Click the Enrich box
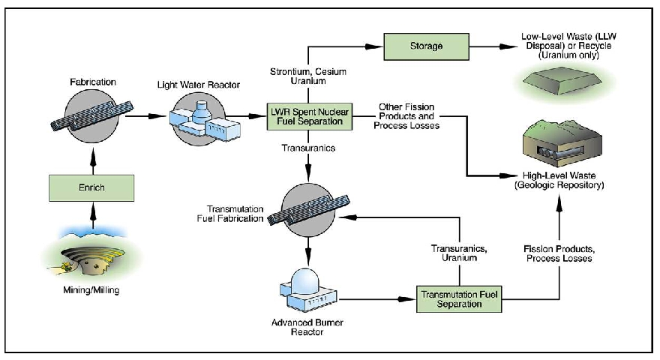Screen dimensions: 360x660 (93, 184)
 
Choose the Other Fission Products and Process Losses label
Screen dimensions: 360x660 (409, 117)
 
